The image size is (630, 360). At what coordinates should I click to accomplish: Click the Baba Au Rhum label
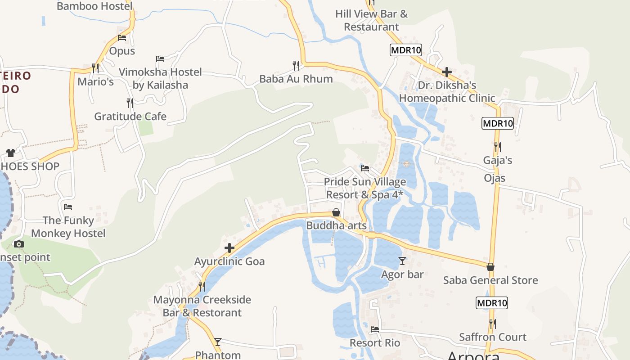(296, 79)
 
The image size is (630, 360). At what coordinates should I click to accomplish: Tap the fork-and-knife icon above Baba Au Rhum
(296, 66)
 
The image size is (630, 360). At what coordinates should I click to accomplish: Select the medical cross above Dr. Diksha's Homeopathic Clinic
(447, 72)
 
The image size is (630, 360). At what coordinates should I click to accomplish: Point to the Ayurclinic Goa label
(229, 261)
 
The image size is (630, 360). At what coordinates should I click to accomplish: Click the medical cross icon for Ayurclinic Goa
(229, 248)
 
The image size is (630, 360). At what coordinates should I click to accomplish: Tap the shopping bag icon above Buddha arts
(336, 212)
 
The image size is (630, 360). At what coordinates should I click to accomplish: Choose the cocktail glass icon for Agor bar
(402, 261)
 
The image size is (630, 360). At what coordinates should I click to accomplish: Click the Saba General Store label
(490, 280)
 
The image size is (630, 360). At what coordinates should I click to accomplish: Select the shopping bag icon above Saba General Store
(490, 267)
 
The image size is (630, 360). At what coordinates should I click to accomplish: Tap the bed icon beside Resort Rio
(375, 329)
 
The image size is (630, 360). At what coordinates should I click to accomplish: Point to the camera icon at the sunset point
(18, 244)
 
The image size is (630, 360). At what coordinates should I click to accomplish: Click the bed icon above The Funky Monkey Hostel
(68, 207)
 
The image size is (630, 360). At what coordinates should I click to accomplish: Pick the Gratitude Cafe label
(130, 117)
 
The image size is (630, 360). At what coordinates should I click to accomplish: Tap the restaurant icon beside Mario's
(95, 68)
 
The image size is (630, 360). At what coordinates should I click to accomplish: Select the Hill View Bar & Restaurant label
(371, 20)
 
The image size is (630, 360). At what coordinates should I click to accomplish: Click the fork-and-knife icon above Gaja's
(497, 147)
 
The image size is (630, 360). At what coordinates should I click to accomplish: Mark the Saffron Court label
(492, 337)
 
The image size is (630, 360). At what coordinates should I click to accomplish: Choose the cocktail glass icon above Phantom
(218, 342)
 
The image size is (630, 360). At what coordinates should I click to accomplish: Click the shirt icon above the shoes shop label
(11, 153)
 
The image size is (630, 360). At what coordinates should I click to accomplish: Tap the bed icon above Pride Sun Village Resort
(365, 168)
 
